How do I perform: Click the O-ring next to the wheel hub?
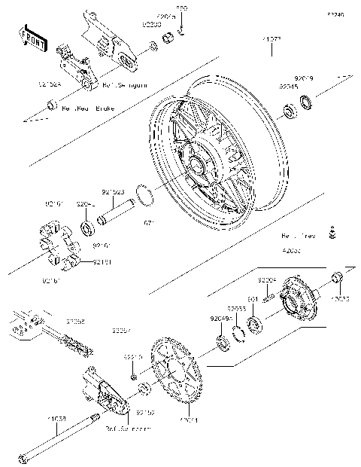coord(147,194)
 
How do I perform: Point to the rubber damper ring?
coord(56,246)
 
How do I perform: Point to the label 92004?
coord(267,279)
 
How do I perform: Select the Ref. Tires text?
coord(299,235)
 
